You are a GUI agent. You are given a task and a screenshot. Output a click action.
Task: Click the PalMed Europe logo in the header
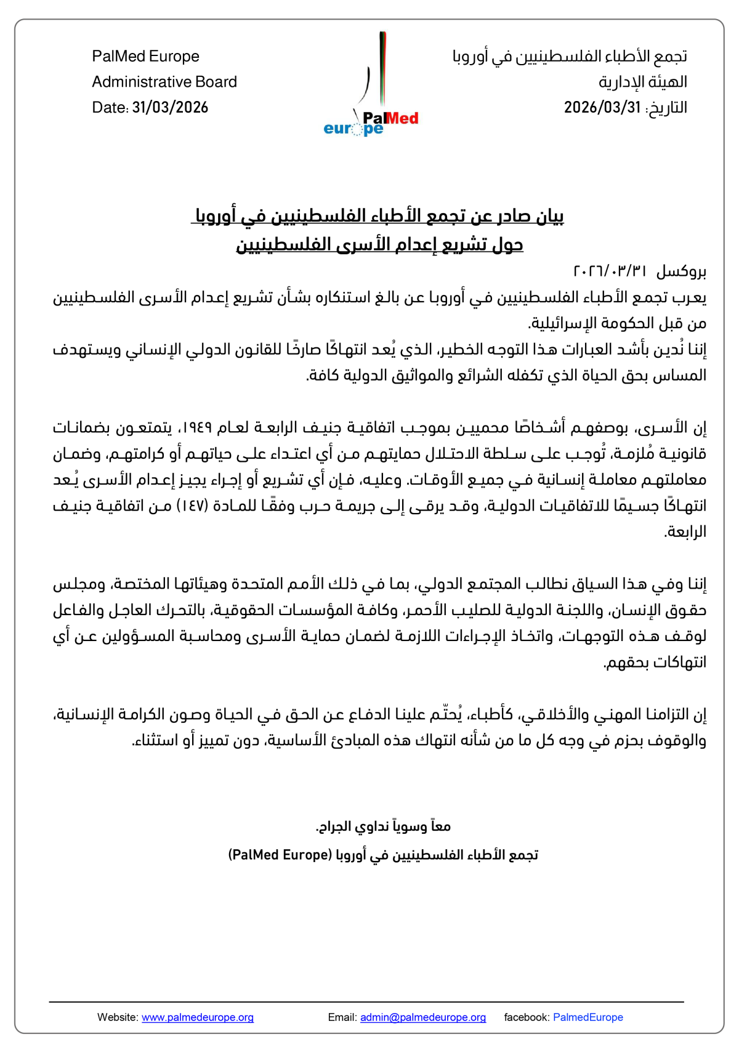click(371, 86)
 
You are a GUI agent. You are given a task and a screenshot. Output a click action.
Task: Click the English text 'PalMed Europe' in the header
click(145, 57)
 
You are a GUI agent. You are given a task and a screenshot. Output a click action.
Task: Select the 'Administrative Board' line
click(164, 82)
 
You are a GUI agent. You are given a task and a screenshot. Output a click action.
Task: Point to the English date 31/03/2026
click(170, 108)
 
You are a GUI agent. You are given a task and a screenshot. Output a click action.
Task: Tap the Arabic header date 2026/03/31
click(602, 108)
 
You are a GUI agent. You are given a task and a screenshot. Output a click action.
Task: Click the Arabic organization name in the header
click(570, 57)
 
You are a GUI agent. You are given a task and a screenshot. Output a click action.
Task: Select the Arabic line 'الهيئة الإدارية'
click(642, 82)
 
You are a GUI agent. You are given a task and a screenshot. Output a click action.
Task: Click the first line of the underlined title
click(378, 217)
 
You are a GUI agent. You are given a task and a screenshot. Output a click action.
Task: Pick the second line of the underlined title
click(379, 245)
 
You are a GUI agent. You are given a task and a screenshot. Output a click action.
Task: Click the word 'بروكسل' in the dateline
click(681, 272)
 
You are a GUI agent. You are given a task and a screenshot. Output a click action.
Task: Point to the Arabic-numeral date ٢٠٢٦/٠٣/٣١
click(610, 272)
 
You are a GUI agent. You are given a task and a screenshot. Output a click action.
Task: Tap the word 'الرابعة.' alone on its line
click(685, 532)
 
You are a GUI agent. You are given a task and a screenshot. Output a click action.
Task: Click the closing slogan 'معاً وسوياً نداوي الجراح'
click(383, 826)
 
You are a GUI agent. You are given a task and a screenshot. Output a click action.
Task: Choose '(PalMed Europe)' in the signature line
click(280, 855)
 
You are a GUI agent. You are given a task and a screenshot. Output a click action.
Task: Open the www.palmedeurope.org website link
click(198, 1017)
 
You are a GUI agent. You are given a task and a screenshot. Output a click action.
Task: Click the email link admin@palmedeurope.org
click(423, 1017)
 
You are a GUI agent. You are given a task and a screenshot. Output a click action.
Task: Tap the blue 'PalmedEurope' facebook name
click(588, 1017)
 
